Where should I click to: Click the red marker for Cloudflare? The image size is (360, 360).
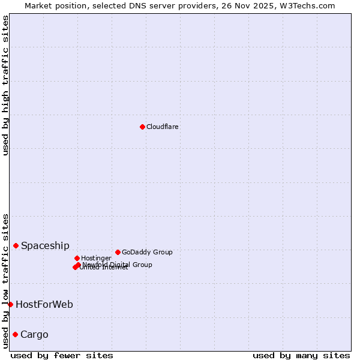click(x=142, y=127)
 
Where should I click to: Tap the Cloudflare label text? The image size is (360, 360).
click(x=163, y=127)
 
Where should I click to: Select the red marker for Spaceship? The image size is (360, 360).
click(x=16, y=245)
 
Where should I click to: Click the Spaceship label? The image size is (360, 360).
click(x=45, y=245)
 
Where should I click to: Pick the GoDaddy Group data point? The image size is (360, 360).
click(x=118, y=252)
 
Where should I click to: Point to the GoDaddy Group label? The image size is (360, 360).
click(x=147, y=252)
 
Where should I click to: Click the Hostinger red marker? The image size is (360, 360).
click(x=77, y=258)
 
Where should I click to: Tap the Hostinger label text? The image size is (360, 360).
click(x=96, y=258)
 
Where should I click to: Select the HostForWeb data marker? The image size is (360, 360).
click(x=10, y=304)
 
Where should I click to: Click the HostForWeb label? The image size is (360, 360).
click(x=44, y=304)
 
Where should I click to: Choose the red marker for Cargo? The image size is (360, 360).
click(x=15, y=334)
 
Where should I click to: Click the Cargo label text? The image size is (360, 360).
click(x=34, y=334)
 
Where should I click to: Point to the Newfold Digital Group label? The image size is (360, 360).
click(x=118, y=264)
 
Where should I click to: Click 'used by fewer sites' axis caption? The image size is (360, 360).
click(x=62, y=355)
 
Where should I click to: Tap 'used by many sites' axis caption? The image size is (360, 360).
click(x=301, y=355)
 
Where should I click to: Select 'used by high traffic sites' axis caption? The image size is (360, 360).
click(x=5, y=85)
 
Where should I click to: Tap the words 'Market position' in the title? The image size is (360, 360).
click(x=53, y=5)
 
